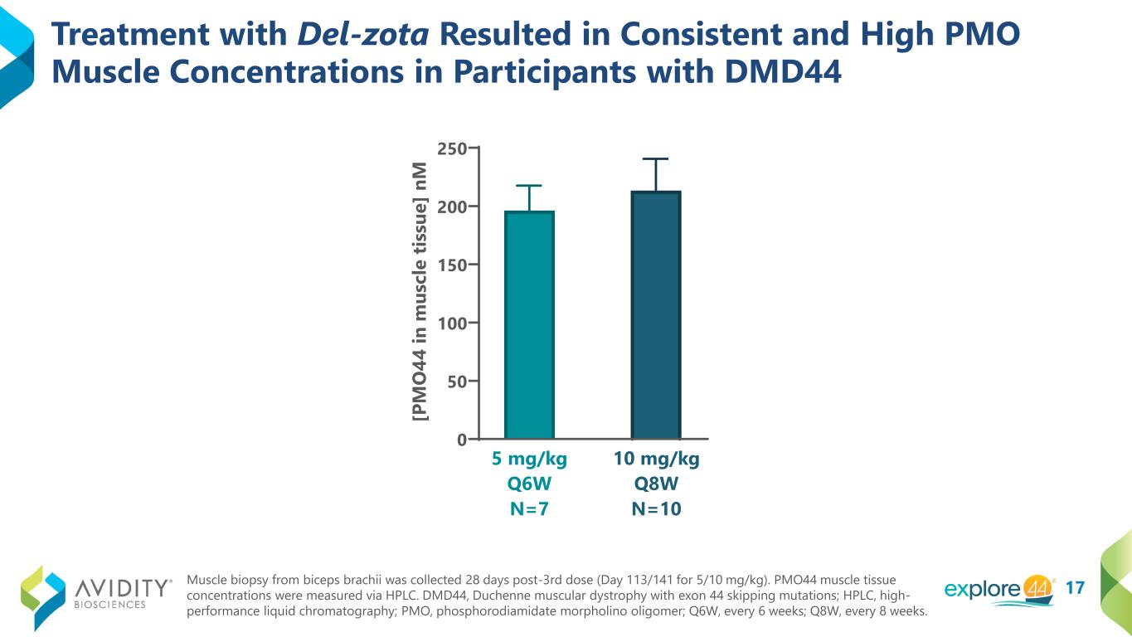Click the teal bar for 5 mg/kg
pyautogui.click(x=529, y=324)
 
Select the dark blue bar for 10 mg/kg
pyautogui.click(x=656, y=315)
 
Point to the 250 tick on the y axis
pyautogui.click(x=453, y=148)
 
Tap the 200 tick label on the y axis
pyautogui.click(x=453, y=207)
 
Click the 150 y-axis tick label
pyautogui.click(x=453, y=265)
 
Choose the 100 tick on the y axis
pyautogui.click(x=453, y=323)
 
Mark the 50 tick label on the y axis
pyautogui.click(x=457, y=381)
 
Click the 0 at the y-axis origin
pyautogui.click(x=461, y=440)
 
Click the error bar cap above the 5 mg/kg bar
pyautogui.click(x=529, y=185)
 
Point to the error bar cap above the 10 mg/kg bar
pyautogui.click(x=655, y=158)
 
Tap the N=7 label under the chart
pyautogui.click(x=529, y=509)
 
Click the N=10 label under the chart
pyautogui.click(x=656, y=509)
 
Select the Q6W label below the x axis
pyautogui.click(x=529, y=484)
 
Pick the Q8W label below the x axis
pyautogui.click(x=656, y=484)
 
